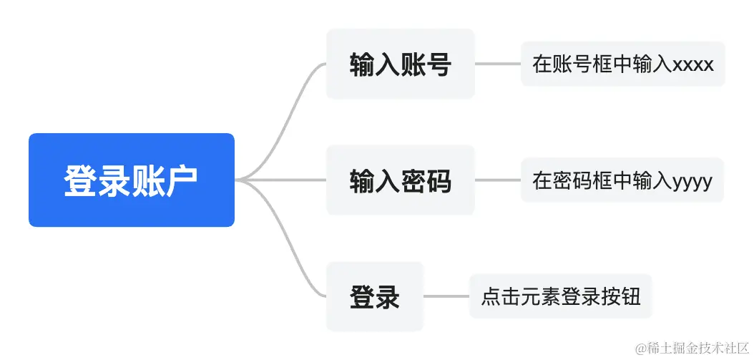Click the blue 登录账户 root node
click(x=131, y=180)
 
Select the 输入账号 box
click(x=400, y=64)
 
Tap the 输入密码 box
click(x=400, y=180)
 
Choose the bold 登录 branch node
click(x=375, y=296)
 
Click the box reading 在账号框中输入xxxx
click(x=622, y=64)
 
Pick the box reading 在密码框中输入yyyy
click(x=622, y=180)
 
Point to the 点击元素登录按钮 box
click(x=560, y=296)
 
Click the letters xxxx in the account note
click(x=693, y=64)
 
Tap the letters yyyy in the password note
click(x=692, y=181)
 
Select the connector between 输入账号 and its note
click(x=498, y=64)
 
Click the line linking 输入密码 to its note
click(x=498, y=180)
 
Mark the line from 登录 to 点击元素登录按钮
click(x=446, y=296)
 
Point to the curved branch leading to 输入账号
click(x=286, y=115)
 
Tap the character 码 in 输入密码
click(x=438, y=181)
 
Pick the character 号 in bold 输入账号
click(x=438, y=64)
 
